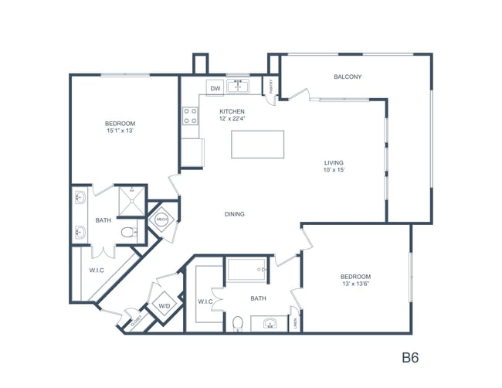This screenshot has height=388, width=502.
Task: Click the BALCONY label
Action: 348,77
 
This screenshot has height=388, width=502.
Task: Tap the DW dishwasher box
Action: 215,87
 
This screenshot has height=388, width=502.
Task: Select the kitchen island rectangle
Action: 258,145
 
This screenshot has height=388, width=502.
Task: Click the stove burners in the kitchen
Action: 190,116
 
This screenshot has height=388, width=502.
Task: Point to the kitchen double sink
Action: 239,87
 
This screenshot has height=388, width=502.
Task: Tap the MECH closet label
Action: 162,220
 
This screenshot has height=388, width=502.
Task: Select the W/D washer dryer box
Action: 165,306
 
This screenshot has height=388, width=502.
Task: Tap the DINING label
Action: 234,214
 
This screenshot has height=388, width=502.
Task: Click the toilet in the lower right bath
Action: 239,322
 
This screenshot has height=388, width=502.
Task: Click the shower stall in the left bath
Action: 131,200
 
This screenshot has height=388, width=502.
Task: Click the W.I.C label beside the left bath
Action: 97,270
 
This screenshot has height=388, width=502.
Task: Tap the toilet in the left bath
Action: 132,231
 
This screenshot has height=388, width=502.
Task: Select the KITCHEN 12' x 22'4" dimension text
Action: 232,116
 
